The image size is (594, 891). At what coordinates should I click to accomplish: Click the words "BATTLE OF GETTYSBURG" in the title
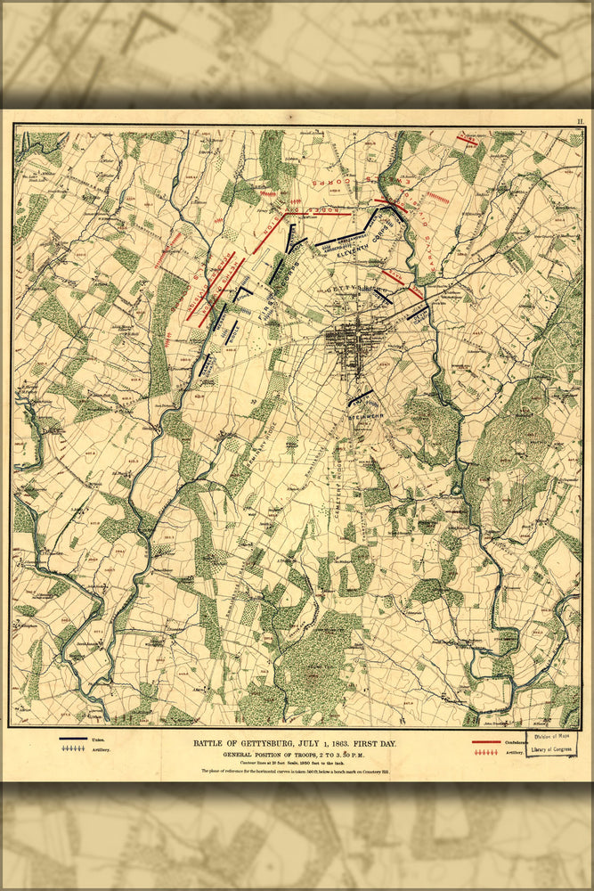247,743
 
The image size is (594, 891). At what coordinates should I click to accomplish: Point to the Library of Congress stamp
551,744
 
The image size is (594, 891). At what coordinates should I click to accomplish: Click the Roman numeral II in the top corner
580,119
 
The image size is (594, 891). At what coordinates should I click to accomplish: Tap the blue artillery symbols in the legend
73,751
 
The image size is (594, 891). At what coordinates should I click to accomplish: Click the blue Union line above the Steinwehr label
360,396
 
